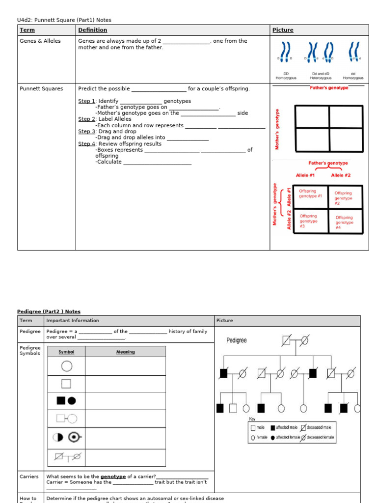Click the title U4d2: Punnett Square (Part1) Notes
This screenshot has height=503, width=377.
click(64, 20)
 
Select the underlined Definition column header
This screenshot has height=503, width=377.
click(92, 30)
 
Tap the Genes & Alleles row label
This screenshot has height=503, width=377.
click(40, 41)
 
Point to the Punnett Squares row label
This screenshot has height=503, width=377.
click(41, 89)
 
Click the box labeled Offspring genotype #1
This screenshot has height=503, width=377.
click(310, 194)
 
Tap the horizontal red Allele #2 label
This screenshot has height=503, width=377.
click(341, 175)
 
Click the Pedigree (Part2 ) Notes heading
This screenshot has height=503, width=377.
click(49, 311)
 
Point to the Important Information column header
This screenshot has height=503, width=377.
click(72, 321)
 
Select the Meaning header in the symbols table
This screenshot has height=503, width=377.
click(125, 352)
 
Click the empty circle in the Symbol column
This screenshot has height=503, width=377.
click(66, 366)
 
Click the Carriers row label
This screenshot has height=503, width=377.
click(29, 476)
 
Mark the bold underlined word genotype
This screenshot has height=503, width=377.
click(113, 476)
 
